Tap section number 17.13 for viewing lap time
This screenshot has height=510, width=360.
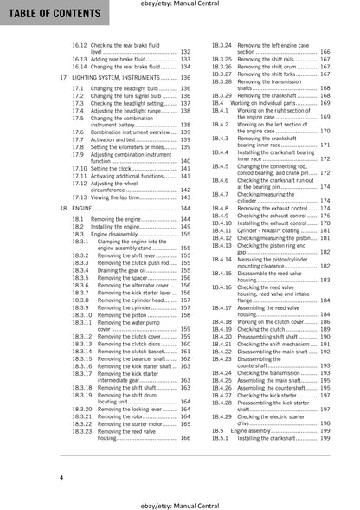click(81, 197)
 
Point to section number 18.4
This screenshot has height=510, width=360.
click(218, 103)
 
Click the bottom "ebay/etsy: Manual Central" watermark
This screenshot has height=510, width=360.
click(179, 503)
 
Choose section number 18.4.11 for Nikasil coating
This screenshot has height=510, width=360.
click(223, 231)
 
